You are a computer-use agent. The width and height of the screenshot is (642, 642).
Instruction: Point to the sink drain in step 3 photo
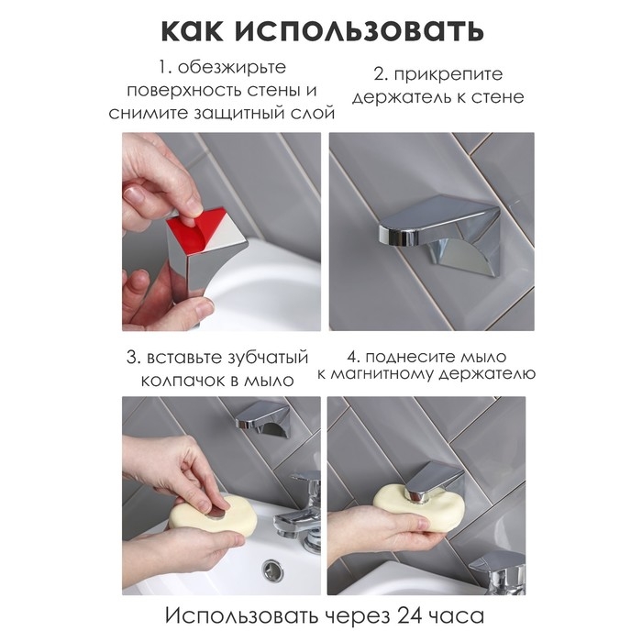274,570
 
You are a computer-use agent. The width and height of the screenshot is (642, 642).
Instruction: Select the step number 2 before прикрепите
378,74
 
